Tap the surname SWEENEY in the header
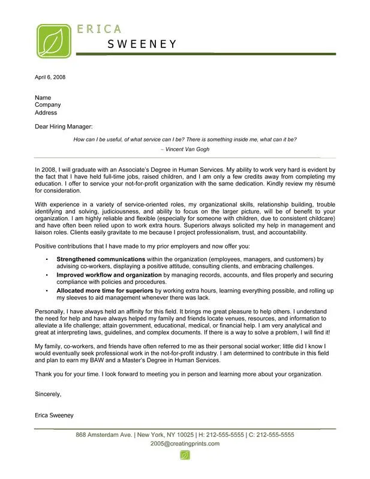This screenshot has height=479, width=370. click(x=142, y=43)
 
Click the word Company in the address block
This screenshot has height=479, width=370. click(x=48, y=105)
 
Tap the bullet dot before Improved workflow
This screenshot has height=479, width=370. click(x=47, y=274)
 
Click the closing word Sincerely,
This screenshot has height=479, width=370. click(x=49, y=394)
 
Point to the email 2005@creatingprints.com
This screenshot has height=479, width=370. click(x=185, y=444)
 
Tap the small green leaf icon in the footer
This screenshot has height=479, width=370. click(x=185, y=456)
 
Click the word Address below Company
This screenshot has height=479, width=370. click(x=46, y=113)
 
